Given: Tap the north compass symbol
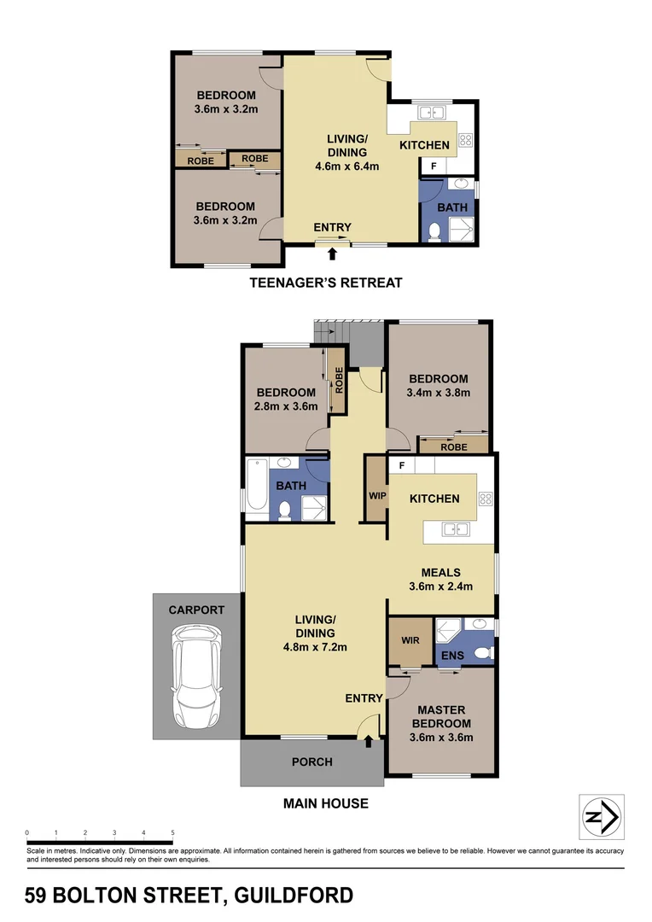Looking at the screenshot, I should click(x=601, y=817).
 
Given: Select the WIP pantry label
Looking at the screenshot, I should click(x=376, y=495).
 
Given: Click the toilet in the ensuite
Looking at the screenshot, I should click(x=482, y=654).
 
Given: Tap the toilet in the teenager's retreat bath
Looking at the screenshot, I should click(x=434, y=229).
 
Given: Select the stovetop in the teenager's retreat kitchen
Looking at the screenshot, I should click(x=466, y=141).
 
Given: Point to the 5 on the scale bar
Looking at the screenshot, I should click(x=172, y=832).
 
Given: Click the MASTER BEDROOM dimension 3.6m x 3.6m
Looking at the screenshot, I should click(x=441, y=738).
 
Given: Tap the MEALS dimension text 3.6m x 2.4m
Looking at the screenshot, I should click(x=441, y=586).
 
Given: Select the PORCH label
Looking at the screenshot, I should click(x=311, y=762).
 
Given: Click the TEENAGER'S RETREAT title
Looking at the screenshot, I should click(x=324, y=283).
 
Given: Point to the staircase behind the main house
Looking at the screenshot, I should click(x=331, y=330).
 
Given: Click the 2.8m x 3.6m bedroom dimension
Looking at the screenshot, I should click(x=287, y=406).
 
